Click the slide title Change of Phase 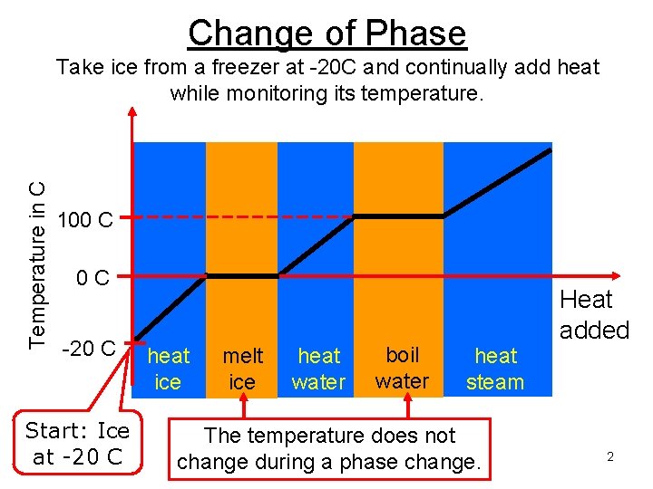(326, 33)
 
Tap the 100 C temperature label (84, 219)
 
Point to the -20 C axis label (87, 348)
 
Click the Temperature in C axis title (36, 264)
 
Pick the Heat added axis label (594, 314)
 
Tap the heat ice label (169, 369)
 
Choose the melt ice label (242, 369)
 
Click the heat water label (318, 369)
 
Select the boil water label (402, 367)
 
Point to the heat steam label (495, 369)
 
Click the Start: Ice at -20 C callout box (77, 443)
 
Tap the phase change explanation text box (328, 448)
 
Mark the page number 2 (610, 457)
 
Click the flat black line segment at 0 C (242, 274)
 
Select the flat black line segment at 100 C (399, 216)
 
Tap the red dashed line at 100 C (236, 217)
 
